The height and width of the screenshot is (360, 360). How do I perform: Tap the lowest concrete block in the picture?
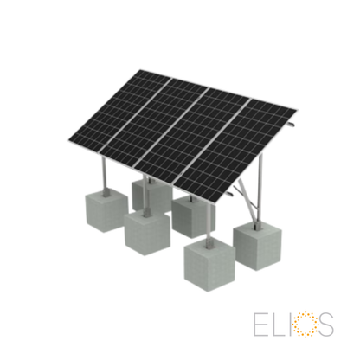click(208, 268)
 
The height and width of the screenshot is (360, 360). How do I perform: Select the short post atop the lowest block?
click(209, 239)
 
